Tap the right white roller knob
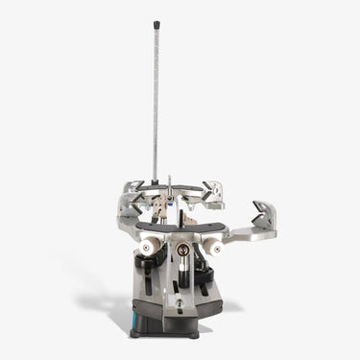pyautogui.click(x=213, y=248)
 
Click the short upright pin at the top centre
pyautogui.click(x=168, y=184)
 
